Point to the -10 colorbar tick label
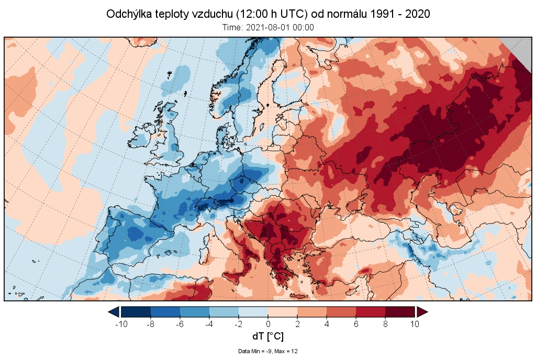(x=121, y=324)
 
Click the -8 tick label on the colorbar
(x=151, y=324)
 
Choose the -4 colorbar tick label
(x=209, y=324)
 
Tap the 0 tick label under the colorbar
(x=268, y=324)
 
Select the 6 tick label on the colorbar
(x=356, y=324)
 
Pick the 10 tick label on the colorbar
(x=415, y=324)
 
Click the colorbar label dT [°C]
(x=268, y=336)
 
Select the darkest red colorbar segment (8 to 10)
(x=400, y=312)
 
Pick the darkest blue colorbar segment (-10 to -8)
(x=136, y=312)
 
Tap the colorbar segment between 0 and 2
(x=283, y=312)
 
